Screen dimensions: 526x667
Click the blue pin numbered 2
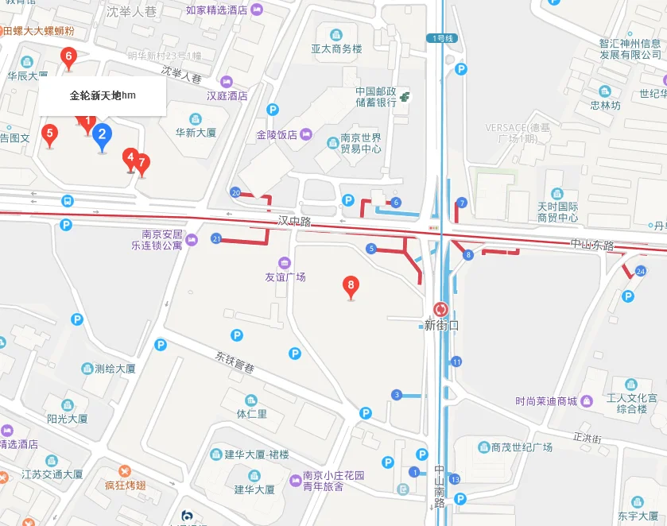102,136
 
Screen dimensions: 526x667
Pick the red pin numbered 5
50,134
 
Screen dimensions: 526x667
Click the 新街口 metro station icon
440,310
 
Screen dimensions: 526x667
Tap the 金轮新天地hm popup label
103,95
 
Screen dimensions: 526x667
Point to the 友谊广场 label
285,277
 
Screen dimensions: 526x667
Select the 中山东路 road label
592,245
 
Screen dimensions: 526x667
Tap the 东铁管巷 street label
235,359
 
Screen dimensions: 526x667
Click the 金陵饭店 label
277,135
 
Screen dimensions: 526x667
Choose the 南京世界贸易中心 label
360,142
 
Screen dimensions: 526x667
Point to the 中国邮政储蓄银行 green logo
405,96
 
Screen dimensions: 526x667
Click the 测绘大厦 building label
114,369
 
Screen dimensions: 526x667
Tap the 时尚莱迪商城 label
545,400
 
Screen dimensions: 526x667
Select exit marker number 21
216,238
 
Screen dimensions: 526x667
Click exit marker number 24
640,272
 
